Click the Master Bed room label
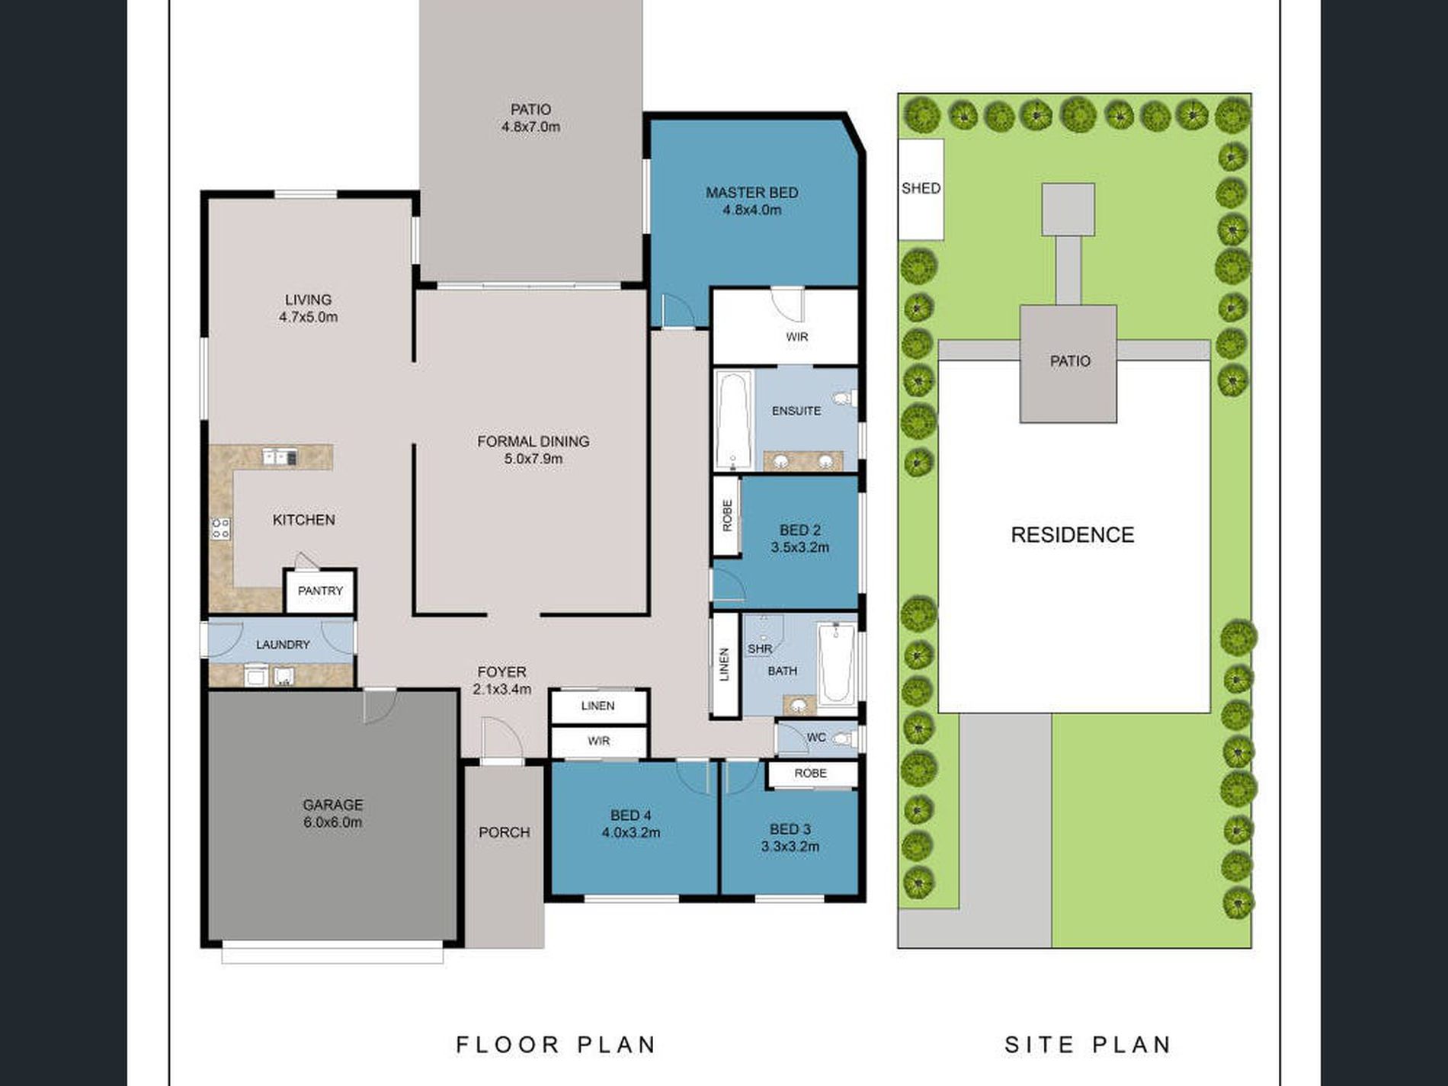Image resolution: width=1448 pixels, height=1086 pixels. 751,193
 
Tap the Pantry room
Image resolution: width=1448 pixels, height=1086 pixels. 320,591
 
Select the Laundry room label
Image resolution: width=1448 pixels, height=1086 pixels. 283,645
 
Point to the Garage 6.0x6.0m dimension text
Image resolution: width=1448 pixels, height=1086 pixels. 332,822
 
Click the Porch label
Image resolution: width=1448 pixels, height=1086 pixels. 505,832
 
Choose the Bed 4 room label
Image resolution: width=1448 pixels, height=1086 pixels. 631,815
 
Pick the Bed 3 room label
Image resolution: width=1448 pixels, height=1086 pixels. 790,829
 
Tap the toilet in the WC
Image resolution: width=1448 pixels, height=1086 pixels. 842,738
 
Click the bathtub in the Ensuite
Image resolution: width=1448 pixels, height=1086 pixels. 733,420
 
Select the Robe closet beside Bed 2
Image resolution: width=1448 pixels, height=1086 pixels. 726,515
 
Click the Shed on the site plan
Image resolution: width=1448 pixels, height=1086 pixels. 921,189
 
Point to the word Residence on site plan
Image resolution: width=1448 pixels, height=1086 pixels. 1072,535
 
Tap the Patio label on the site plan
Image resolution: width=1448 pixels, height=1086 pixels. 1070,361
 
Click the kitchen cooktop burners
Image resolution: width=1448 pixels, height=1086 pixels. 221,528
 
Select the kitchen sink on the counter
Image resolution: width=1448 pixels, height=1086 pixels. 280,457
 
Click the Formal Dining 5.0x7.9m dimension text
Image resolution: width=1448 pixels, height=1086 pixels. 533,459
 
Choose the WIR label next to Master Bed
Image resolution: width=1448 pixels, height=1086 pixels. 797,337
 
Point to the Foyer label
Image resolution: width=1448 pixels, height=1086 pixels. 501,672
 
